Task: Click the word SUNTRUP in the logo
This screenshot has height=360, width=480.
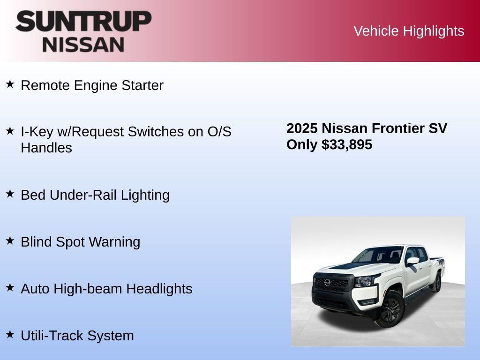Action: point(83,22)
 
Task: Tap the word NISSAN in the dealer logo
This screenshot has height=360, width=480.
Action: point(83,45)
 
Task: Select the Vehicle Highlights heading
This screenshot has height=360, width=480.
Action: point(409,31)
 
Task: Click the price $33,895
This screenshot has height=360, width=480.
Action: point(347,144)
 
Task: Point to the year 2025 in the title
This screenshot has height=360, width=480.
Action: point(302,128)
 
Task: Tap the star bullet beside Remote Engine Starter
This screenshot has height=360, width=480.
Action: point(10,84)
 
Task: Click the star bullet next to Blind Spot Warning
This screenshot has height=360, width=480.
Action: point(10,241)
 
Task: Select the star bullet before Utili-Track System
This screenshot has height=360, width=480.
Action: point(10,335)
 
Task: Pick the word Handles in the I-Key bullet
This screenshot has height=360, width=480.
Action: point(46,148)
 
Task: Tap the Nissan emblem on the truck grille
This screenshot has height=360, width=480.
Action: point(327,283)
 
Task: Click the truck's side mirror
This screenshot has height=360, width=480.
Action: point(412,261)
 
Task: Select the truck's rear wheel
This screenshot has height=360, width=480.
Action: point(437,283)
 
